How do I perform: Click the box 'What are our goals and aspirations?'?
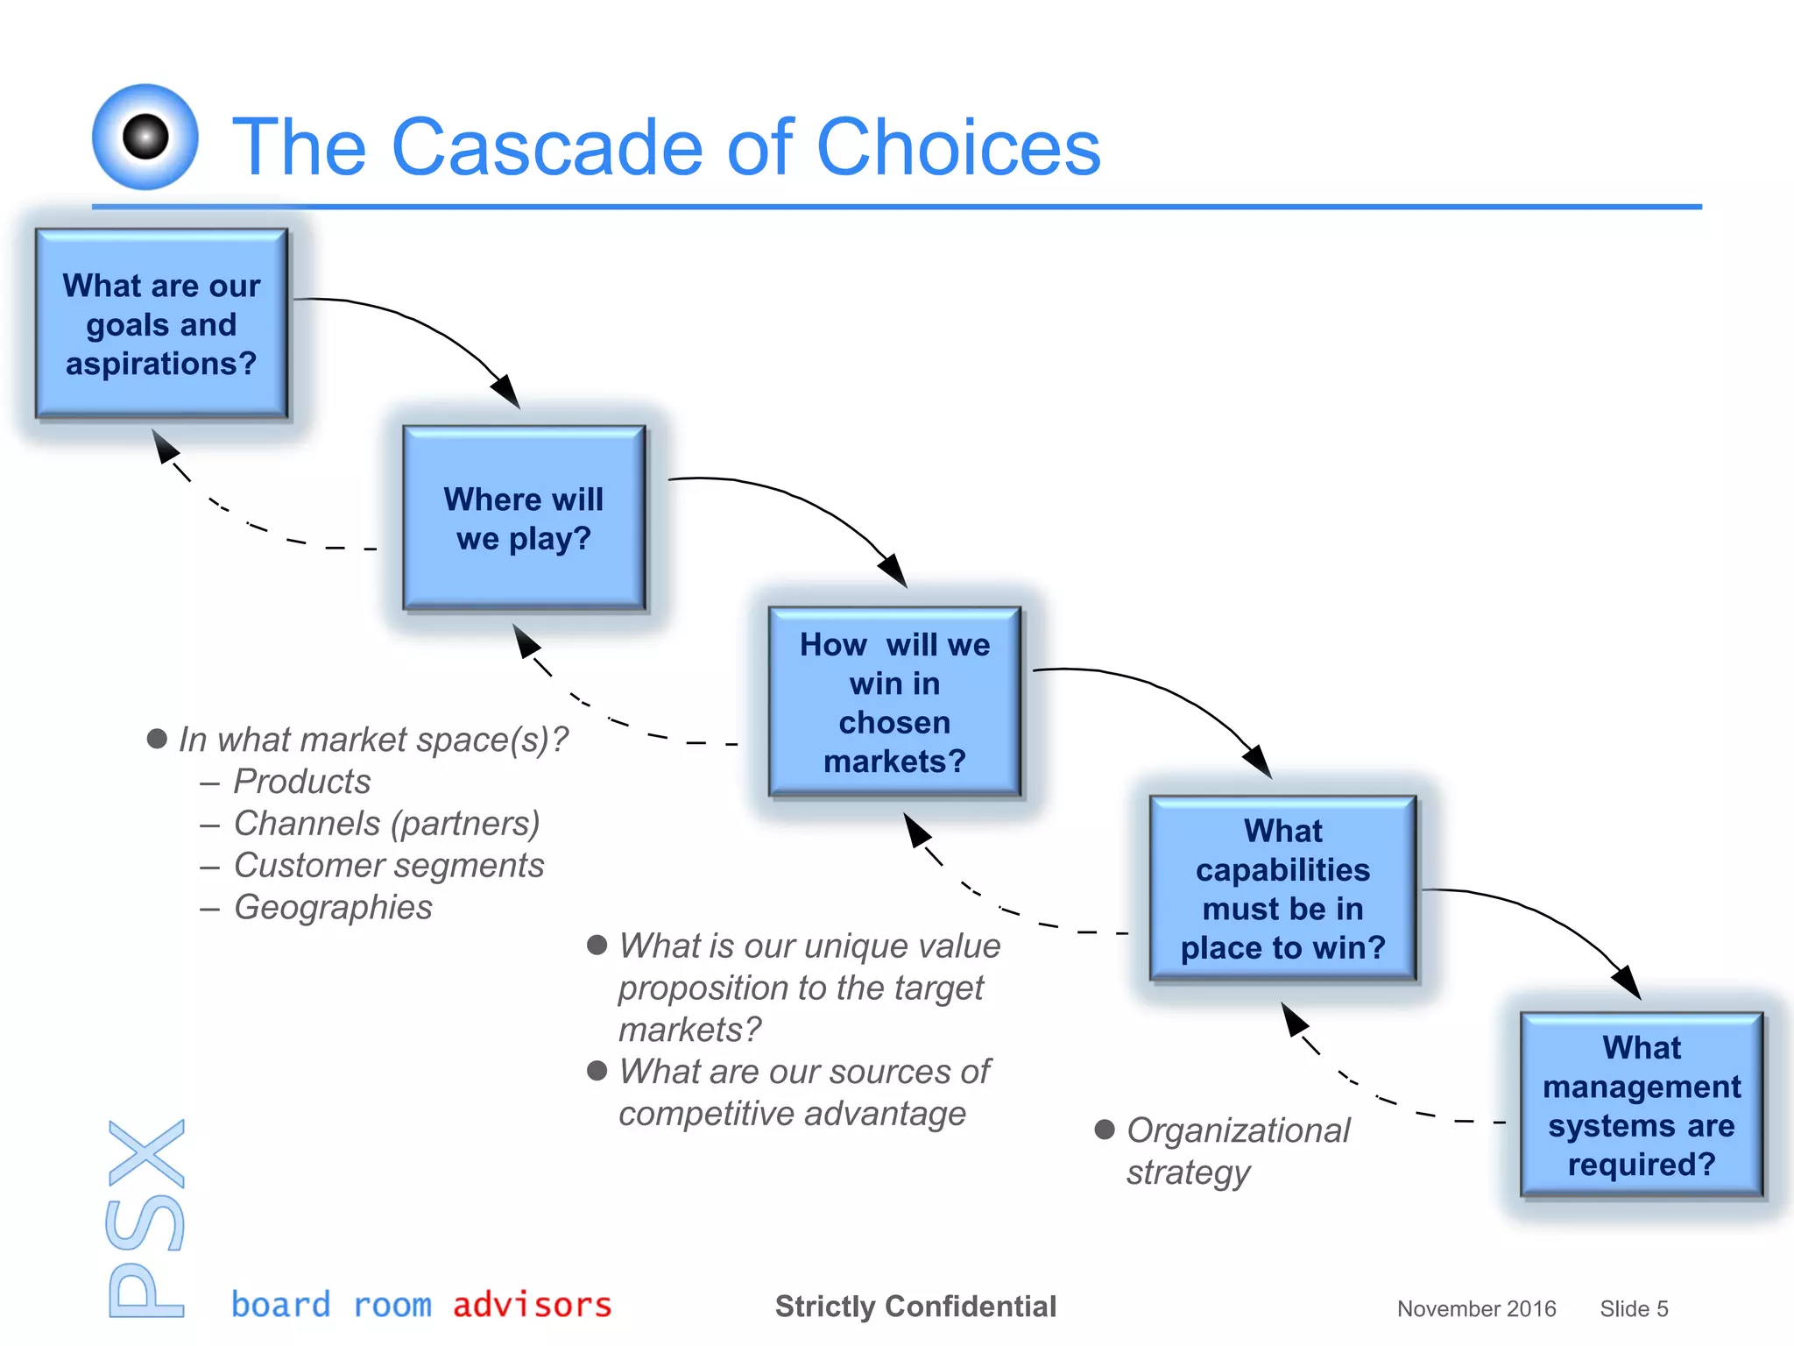[161, 323]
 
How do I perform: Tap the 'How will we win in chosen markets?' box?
[894, 702]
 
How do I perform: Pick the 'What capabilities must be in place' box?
[1282, 888]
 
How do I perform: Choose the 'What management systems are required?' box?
[1641, 1104]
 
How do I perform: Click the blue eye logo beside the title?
[145, 137]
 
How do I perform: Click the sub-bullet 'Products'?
[301, 781]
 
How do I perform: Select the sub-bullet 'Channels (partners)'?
[386, 823]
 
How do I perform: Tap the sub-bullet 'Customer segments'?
[388, 865]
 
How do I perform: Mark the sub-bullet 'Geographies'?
[333, 907]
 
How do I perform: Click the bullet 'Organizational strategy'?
[1237, 1151]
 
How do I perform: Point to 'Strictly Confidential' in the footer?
[915, 1306]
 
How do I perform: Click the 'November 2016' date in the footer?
[1476, 1308]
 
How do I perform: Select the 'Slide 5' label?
[1634, 1308]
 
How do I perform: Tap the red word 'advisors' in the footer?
[532, 1305]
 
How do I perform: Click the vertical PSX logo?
[146, 1218]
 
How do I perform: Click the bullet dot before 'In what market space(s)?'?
[157, 739]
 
